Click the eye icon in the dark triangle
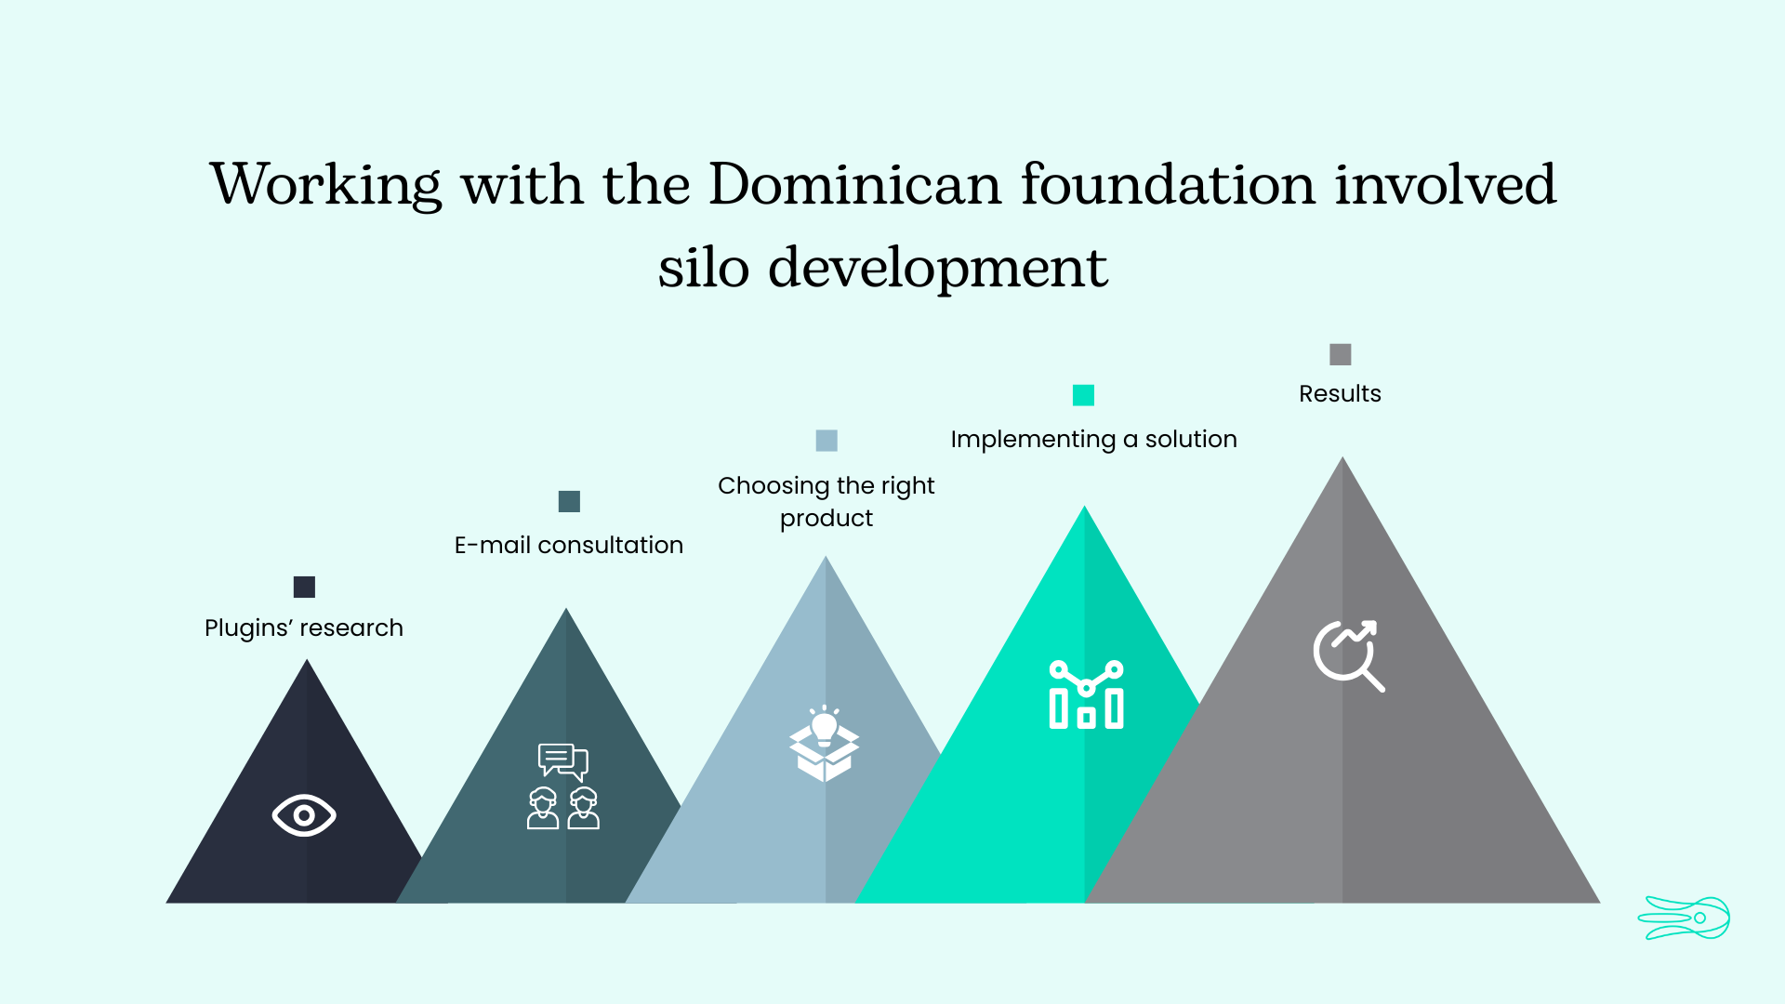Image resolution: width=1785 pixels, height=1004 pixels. click(304, 815)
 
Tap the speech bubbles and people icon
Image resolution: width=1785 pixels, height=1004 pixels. click(563, 786)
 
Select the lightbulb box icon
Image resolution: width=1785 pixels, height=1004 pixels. click(825, 744)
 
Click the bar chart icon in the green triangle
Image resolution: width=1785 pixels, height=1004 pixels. click(1086, 694)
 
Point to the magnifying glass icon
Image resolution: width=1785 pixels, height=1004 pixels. click(1349, 655)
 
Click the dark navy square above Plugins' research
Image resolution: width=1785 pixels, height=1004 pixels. click(304, 587)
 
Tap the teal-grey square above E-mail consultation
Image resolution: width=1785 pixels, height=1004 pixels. click(569, 501)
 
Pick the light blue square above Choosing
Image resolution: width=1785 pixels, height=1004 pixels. click(826, 440)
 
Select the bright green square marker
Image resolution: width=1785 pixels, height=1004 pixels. click(1083, 395)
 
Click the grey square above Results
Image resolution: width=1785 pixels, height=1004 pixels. click(1340, 354)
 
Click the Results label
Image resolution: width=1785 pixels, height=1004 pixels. click(1340, 393)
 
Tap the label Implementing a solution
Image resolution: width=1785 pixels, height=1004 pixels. click(1093, 440)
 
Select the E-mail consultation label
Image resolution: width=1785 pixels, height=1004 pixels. click(569, 545)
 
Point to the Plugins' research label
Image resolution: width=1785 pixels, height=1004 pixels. click(304, 628)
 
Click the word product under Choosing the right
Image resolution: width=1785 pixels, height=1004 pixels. click(826, 519)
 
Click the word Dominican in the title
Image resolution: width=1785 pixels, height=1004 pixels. click(855, 184)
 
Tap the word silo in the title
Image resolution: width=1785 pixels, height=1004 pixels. click(704, 268)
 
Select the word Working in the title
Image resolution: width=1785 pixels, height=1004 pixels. click(326, 185)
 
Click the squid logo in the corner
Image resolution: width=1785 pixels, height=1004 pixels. click(1684, 918)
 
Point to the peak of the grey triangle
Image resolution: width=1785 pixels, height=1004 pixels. click(1342, 456)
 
